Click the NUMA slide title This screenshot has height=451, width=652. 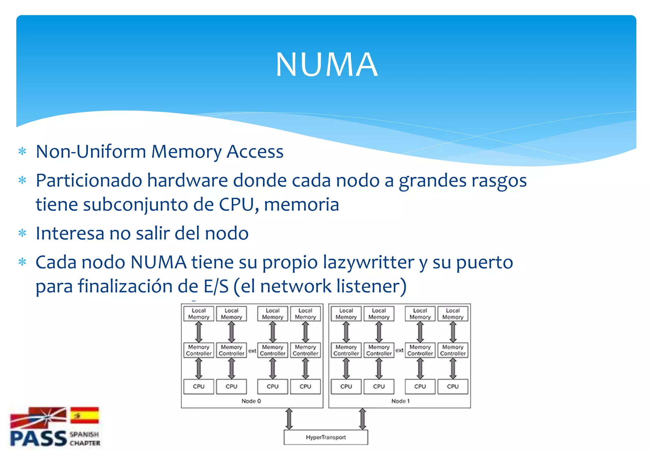click(326, 65)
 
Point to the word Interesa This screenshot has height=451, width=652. click(70, 233)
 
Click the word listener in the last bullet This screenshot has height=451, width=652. click(371, 286)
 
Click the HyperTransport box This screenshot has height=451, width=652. click(326, 437)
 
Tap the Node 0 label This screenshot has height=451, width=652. click(251, 401)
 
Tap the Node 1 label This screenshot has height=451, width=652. click(400, 401)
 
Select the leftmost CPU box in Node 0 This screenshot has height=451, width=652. click(199, 386)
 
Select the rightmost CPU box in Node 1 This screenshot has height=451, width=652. click(453, 386)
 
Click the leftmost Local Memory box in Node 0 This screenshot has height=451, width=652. click(199, 314)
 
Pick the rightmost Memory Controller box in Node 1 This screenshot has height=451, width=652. click(453, 350)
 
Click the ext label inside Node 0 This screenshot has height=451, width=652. click(252, 351)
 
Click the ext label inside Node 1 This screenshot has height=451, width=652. click(399, 350)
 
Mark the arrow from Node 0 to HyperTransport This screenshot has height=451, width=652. click(289, 419)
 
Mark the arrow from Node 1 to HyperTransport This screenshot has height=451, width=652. click(362, 419)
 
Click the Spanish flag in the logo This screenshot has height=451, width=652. click(84, 415)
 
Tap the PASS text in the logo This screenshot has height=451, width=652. click(38, 439)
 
